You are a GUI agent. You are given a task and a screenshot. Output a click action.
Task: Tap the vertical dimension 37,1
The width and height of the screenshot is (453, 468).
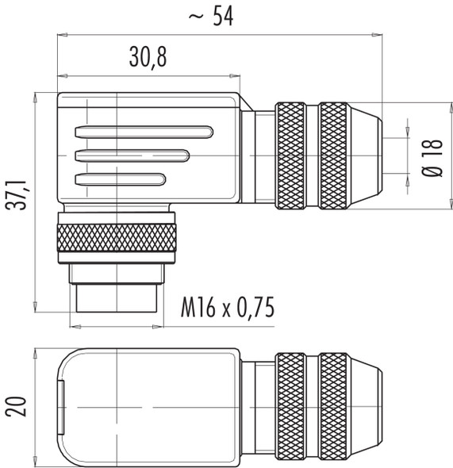point(17,202)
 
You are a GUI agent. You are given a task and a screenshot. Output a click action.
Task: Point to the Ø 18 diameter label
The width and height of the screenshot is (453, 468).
point(429,155)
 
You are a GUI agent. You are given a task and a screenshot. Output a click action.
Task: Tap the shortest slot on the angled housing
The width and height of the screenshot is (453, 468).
point(120,178)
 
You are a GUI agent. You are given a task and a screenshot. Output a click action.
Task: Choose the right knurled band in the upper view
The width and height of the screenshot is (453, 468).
point(333,156)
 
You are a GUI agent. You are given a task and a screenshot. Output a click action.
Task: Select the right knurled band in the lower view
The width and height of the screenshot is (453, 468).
point(333,407)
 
